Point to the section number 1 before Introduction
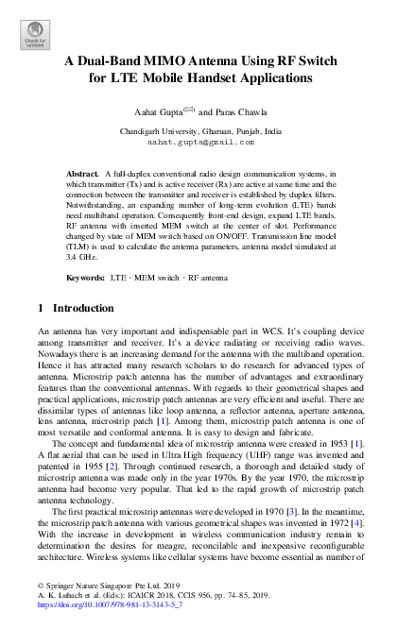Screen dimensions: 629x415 [40, 308]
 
